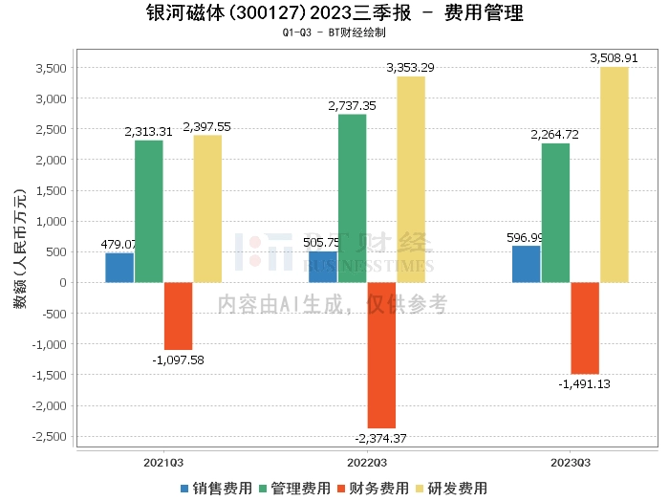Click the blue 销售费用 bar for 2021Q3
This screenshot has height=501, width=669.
[119, 268]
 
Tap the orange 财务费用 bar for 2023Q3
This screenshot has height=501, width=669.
[585, 328]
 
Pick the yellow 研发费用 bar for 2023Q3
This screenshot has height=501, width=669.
[615, 175]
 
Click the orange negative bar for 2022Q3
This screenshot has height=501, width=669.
[381, 355]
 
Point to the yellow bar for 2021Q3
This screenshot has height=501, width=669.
[207, 208]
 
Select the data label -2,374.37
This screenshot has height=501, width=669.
[380, 438]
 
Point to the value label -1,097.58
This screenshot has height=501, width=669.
[178, 359]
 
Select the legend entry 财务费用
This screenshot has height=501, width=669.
[372, 488]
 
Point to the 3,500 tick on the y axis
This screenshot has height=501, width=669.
[51, 68]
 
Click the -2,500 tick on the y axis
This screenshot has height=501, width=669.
[48, 436]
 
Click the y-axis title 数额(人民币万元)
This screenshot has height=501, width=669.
[17, 250]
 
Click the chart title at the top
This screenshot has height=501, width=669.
[334, 14]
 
